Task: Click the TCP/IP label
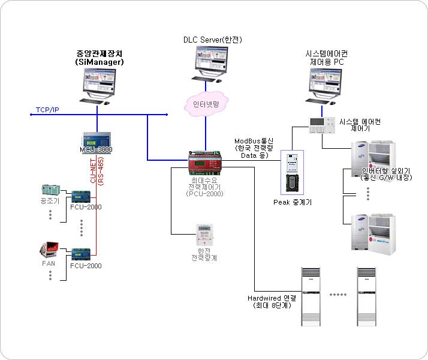[47, 110]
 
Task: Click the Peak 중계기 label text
[293, 202]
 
